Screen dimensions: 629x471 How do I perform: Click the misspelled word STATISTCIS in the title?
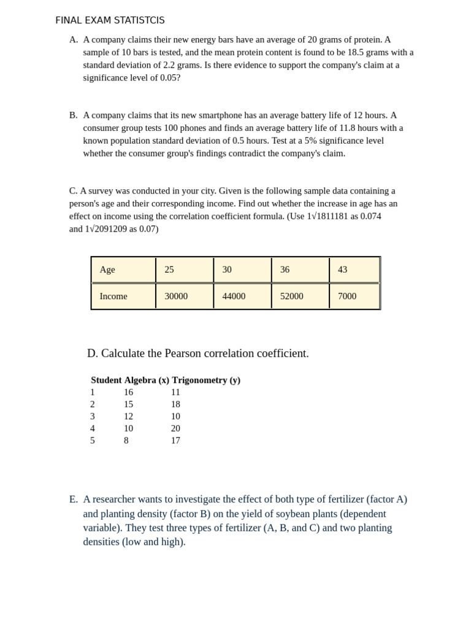pyautogui.click(x=139, y=20)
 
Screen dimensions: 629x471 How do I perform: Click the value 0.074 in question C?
pyautogui.click(x=370, y=216)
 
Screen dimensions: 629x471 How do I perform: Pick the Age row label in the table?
pyautogui.click(x=107, y=270)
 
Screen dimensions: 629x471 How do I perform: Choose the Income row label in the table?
pyautogui.click(x=113, y=296)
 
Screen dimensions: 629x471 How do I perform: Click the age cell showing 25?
pyautogui.click(x=169, y=270)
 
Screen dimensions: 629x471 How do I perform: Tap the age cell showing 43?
pyautogui.click(x=342, y=270)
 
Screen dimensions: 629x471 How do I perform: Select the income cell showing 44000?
pyautogui.click(x=234, y=296)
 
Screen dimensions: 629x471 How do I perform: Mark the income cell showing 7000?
pyautogui.click(x=347, y=296)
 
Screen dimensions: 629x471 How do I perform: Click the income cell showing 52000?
pyautogui.click(x=292, y=296)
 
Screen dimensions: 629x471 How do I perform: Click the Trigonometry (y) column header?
pyautogui.click(x=206, y=380)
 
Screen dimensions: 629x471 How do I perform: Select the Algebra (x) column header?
pyautogui.click(x=147, y=380)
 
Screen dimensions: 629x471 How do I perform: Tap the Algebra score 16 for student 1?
pyautogui.click(x=128, y=393)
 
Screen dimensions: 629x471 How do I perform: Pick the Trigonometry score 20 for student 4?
pyautogui.click(x=175, y=429)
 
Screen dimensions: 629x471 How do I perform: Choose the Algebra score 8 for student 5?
pyautogui.click(x=126, y=440)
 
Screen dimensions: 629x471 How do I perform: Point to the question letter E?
pyautogui.click(x=74, y=499)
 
